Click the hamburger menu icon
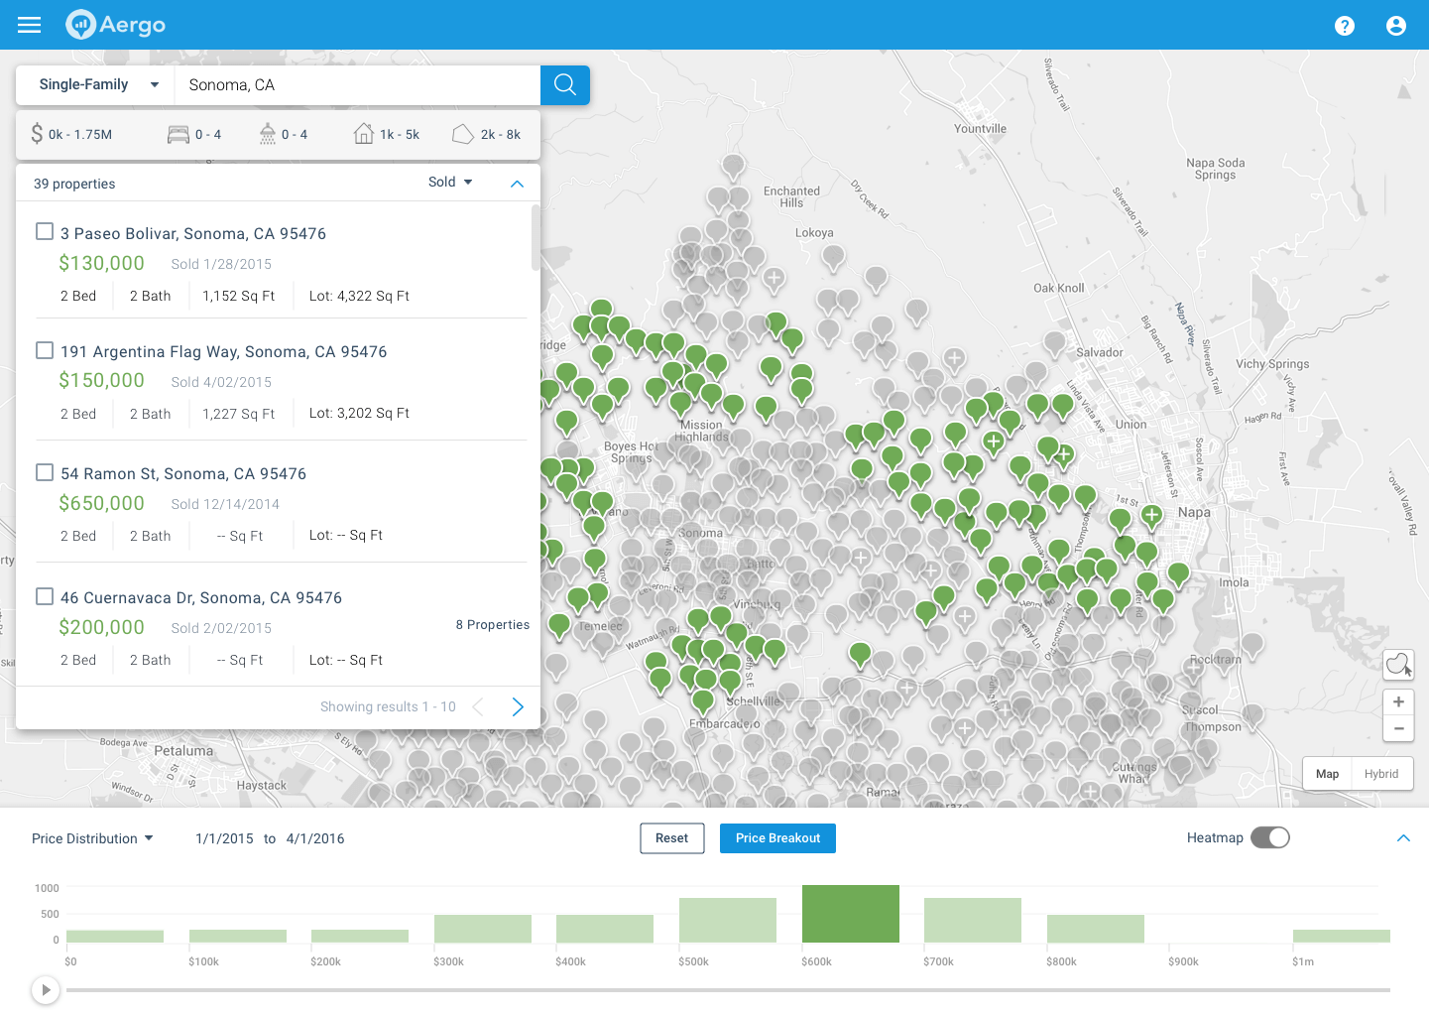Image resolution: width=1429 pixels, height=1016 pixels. (30, 25)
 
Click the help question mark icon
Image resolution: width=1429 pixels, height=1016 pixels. (1344, 26)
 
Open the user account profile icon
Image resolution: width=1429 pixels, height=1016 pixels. (1395, 26)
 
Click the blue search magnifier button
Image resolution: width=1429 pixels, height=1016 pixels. (565, 85)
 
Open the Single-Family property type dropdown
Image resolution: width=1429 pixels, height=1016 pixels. (97, 85)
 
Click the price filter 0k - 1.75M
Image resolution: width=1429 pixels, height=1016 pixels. (71, 135)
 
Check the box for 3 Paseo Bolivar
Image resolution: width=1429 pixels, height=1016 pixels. (45, 231)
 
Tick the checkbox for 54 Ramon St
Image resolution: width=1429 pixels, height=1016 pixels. (45, 472)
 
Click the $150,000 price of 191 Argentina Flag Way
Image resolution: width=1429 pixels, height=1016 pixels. (101, 381)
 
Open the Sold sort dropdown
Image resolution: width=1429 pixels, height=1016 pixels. (450, 183)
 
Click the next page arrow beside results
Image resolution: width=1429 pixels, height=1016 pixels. (518, 706)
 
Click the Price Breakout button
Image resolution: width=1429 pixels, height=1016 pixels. (777, 838)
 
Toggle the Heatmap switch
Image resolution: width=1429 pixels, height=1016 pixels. (1269, 838)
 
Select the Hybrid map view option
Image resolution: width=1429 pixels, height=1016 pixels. (1380, 774)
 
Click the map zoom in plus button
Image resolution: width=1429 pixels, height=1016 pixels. (1398, 702)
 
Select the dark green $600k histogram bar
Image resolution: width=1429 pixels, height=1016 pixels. (850, 914)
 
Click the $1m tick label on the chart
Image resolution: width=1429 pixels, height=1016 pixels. (1302, 961)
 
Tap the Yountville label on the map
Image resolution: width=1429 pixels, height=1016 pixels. (980, 129)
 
